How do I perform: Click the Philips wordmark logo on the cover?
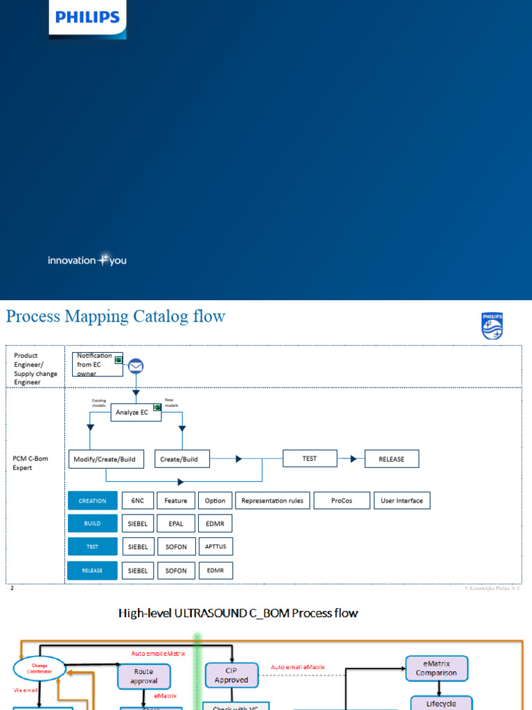point(87,18)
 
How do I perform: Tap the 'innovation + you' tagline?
point(87,260)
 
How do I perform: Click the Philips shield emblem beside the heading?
point(492,326)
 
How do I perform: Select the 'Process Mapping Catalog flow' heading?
point(116,317)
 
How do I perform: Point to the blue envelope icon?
point(136,365)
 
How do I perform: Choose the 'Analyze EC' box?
point(136,413)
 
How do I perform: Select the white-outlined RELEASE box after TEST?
point(391,459)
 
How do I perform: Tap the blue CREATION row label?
point(92,501)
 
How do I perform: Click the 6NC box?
point(137,501)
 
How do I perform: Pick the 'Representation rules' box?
point(272,501)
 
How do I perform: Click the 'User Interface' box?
point(402,501)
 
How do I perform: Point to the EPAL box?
point(176,523)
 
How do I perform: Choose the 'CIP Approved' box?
point(231,675)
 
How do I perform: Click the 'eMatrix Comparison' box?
point(437,668)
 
